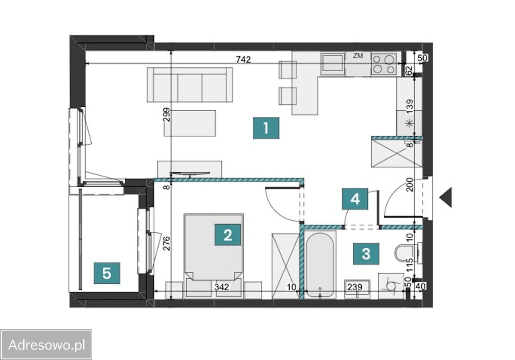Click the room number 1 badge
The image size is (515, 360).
pyautogui.click(x=266, y=128)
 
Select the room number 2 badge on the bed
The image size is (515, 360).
pyautogui.click(x=227, y=235)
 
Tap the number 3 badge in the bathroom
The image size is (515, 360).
pyautogui.click(x=366, y=254)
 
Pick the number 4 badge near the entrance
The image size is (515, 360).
pyautogui.click(x=355, y=199)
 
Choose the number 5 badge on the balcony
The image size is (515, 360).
pyautogui.click(x=107, y=273)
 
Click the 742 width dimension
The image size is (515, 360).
pyautogui.click(x=243, y=60)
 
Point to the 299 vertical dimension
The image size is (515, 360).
pyautogui.click(x=167, y=115)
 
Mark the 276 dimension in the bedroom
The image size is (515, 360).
pyautogui.click(x=167, y=243)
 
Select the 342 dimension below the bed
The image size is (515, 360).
pyautogui.click(x=222, y=287)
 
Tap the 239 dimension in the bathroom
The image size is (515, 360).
pyautogui.click(x=355, y=287)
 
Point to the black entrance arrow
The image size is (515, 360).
pyautogui.click(x=445, y=197)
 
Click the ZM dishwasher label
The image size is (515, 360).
pyautogui.click(x=358, y=56)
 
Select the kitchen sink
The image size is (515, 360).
pyautogui.click(x=333, y=63)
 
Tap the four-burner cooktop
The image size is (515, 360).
pyautogui.click(x=383, y=64)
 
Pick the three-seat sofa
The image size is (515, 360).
pyautogui.click(x=190, y=85)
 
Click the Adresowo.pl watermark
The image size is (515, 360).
pyautogui.click(x=46, y=345)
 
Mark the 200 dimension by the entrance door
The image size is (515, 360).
pyautogui.click(x=410, y=184)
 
